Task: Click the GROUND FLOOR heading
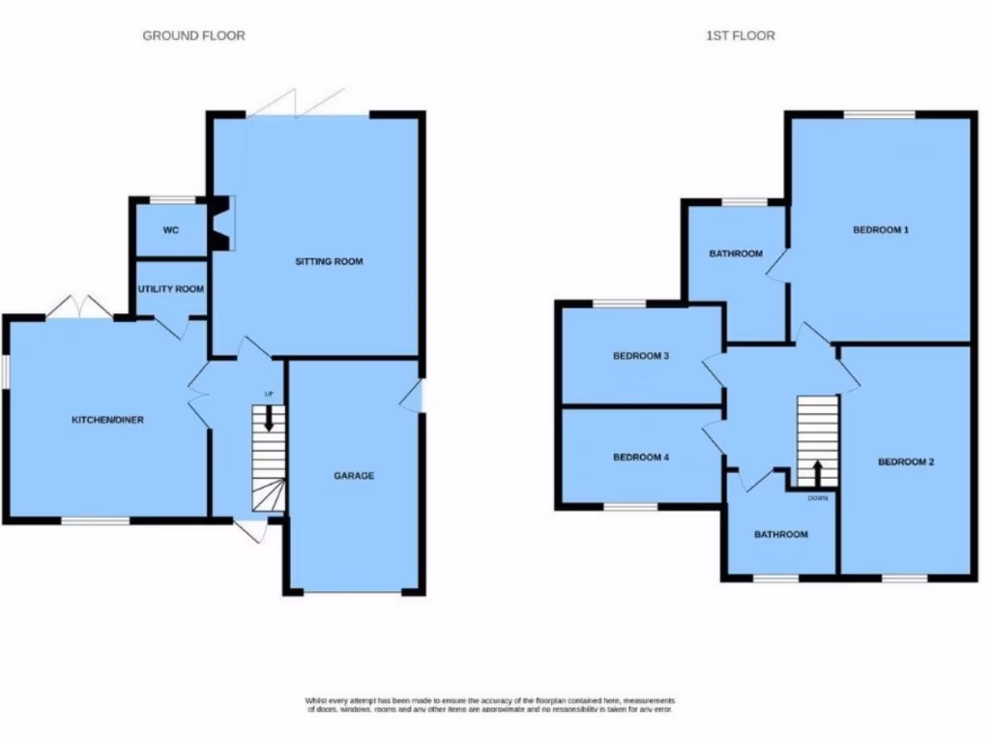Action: click(193, 36)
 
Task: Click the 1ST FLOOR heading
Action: click(740, 36)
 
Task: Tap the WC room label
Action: click(171, 231)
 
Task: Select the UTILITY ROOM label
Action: click(170, 289)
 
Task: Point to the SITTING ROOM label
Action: click(329, 261)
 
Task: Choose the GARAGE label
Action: click(354, 475)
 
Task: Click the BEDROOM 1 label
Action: click(881, 230)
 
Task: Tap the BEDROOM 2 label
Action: click(906, 461)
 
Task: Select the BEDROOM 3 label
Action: click(641, 356)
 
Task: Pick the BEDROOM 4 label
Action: click(641, 457)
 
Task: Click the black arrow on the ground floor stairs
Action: click(269, 419)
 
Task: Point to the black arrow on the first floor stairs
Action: click(817, 472)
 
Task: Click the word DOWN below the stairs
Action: click(817, 498)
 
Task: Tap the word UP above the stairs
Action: click(270, 394)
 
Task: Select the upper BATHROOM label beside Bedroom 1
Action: click(736, 253)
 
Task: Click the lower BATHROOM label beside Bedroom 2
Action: click(781, 534)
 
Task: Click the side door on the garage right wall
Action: click(415, 396)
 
